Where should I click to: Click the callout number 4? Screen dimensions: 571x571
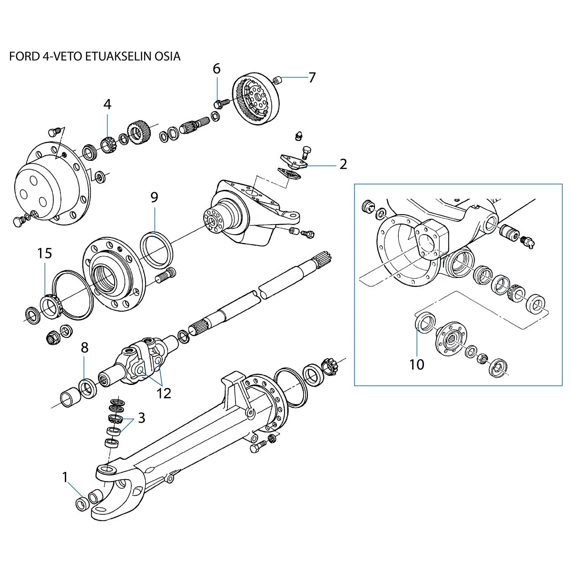pyautogui.click(x=107, y=104)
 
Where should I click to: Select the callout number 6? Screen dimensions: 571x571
pyautogui.click(x=217, y=69)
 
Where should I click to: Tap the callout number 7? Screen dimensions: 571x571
pyautogui.click(x=312, y=78)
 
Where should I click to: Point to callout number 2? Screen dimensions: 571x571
pyautogui.click(x=343, y=165)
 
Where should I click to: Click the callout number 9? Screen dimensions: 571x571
pyautogui.click(x=154, y=197)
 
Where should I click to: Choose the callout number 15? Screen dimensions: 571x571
pyautogui.click(x=45, y=253)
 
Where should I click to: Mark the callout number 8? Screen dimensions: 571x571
pyautogui.click(x=84, y=348)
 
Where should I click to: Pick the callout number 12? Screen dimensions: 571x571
pyautogui.click(x=164, y=393)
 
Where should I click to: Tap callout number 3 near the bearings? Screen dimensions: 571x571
pyautogui.click(x=141, y=418)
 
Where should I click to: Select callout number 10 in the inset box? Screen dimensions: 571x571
pyautogui.click(x=416, y=364)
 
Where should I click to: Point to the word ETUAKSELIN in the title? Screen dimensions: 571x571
pyautogui.click(x=110, y=56)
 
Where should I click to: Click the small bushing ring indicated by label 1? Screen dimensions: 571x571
pyautogui.click(x=82, y=503)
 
